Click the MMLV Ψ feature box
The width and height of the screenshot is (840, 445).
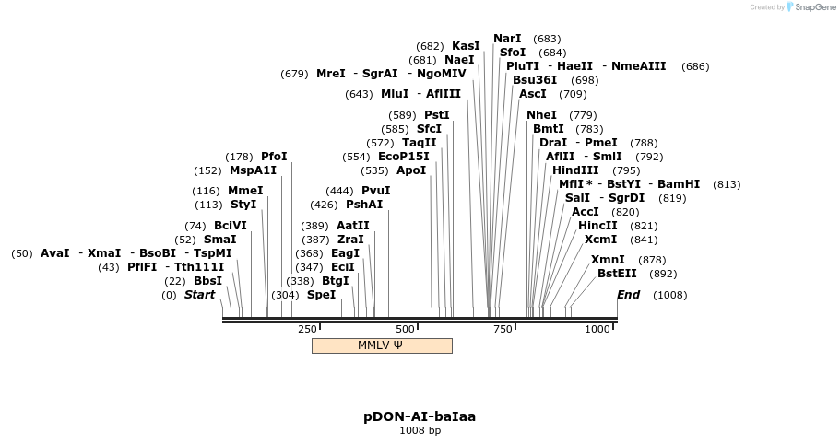tap(382, 345)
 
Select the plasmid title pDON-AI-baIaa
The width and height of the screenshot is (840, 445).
tap(420, 416)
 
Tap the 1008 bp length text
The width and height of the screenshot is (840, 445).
tap(420, 430)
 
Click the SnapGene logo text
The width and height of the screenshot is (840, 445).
tap(808, 7)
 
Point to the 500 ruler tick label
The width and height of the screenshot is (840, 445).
tap(405, 329)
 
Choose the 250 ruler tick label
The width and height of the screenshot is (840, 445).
tap(307, 329)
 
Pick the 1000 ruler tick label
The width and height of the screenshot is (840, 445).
tap(597, 329)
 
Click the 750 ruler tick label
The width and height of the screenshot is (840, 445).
tap(503, 329)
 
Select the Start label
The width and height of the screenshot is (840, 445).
tap(199, 295)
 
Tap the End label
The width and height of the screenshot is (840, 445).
tap(628, 295)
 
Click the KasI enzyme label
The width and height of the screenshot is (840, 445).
tap(466, 46)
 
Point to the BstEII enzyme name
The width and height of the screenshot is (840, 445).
tap(617, 274)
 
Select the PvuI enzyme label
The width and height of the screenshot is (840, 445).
tap(375, 191)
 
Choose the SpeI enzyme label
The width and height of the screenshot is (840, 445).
tap(321, 295)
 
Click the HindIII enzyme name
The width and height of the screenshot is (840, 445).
tap(575, 170)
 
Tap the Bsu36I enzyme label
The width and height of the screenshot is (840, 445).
tap(535, 80)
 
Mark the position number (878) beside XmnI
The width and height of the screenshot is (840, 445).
tap(652, 260)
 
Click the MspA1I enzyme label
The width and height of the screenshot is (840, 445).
tap(253, 170)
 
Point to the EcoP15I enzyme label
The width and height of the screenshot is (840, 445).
tap(404, 157)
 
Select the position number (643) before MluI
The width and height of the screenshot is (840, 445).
tap(359, 94)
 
